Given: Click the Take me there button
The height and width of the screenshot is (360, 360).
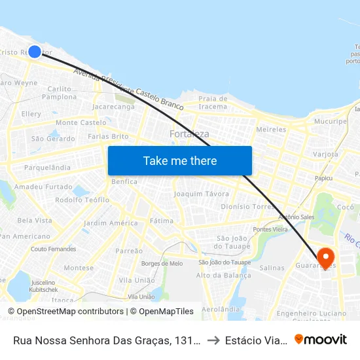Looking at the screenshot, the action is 180,160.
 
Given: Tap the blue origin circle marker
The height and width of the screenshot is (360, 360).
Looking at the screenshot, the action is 35,52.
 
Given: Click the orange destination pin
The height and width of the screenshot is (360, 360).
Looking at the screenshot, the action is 325,257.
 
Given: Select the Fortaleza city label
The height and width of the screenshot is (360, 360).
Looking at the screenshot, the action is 189,134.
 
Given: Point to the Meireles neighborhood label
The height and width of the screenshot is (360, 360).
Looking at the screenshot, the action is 271,130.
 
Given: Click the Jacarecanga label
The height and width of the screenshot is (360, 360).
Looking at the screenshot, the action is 113,106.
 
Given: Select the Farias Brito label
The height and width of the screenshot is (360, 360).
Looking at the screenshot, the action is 108,137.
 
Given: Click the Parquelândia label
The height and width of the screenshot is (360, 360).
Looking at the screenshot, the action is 47,168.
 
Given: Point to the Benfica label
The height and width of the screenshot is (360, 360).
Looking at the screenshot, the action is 124,181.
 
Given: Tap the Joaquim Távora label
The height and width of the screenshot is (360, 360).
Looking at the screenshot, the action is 202,194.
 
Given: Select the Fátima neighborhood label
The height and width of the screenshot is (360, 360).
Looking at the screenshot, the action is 162,221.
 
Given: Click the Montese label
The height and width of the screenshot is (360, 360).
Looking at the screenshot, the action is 79,268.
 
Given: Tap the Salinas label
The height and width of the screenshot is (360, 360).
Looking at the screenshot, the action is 272,268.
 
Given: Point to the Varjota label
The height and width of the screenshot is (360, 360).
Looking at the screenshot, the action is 325,154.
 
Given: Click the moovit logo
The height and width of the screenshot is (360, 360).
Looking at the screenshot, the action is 321,339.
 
